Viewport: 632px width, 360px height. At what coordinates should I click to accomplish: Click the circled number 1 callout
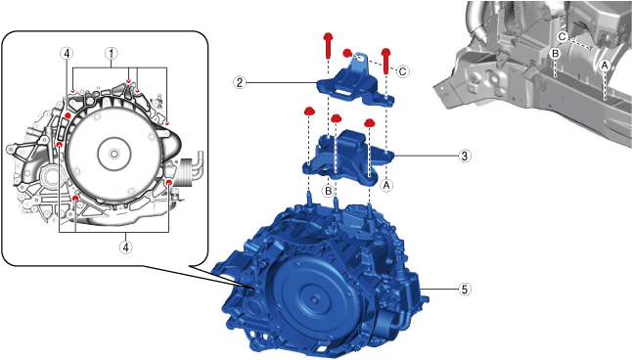(x=112, y=53)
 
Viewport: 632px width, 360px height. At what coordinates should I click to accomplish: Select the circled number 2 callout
(x=240, y=83)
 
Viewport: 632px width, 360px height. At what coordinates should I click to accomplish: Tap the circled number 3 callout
(x=465, y=156)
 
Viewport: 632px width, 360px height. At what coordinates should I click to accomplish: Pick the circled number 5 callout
(x=465, y=289)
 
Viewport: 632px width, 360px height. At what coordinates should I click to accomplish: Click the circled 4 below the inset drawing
(x=126, y=247)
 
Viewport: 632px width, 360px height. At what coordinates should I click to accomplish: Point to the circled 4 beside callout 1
(x=67, y=53)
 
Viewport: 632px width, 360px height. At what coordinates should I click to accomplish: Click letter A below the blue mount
(x=386, y=186)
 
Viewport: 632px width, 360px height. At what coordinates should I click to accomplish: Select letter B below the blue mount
(x=329, y=191)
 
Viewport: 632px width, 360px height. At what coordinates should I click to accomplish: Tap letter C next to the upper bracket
(x=403, y=71)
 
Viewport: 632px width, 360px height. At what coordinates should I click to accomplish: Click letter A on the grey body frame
(x=605, y=65)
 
